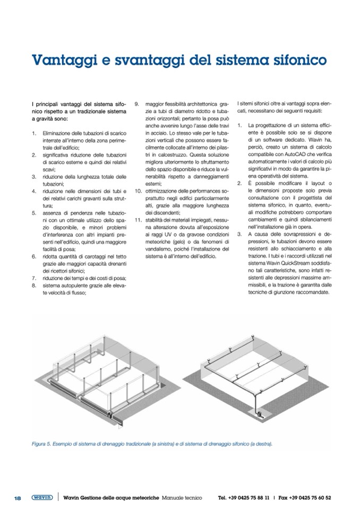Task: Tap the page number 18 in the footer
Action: pos(17,497)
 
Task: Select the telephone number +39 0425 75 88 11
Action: pos(249,497)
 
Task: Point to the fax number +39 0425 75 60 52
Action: pos(310,497)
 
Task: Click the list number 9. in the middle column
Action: pos(136,104)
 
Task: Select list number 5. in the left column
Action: pos(34,212)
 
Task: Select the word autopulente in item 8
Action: pos(75,284)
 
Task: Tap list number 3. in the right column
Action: pos(239,234)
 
